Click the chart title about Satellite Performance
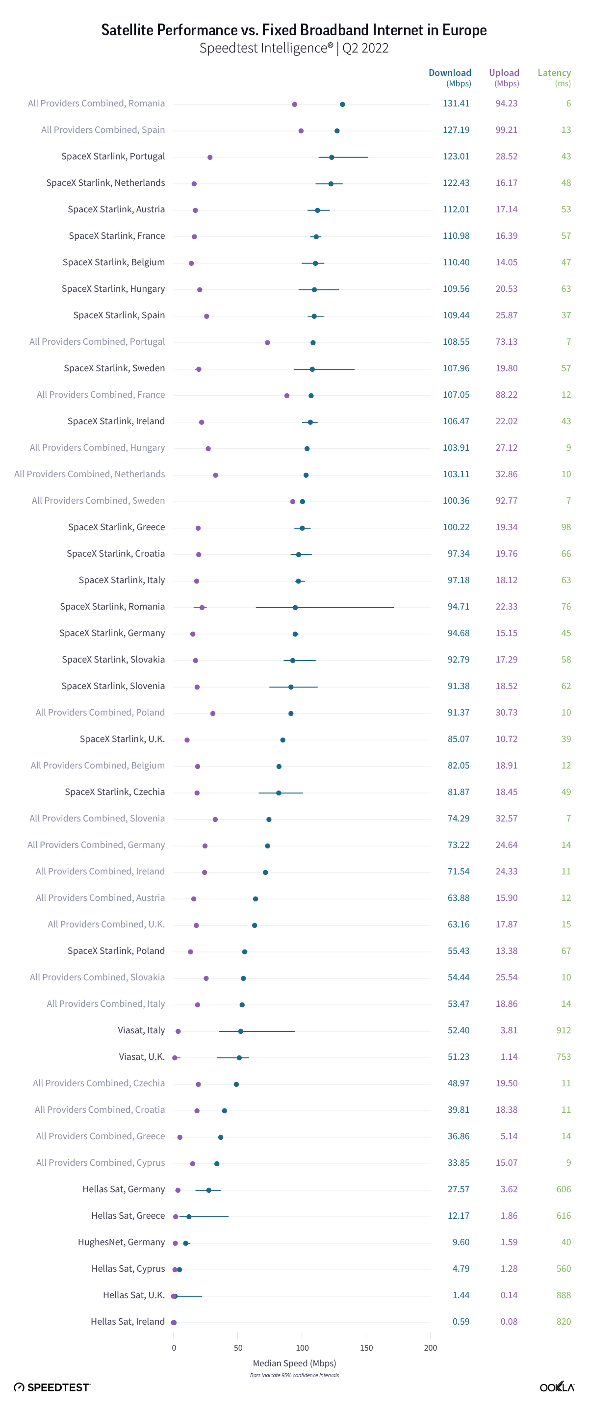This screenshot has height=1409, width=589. click(294, 29)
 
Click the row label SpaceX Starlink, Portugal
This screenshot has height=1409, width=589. click(113, 156)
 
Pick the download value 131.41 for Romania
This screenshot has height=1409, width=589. click(456, 103)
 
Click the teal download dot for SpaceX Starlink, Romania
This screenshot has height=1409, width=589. click(295, 607)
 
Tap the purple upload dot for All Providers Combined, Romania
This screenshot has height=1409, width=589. click(295, 104)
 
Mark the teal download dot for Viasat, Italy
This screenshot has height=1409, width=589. click(241, 1031)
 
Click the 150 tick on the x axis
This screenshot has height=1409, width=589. click(366, 1348)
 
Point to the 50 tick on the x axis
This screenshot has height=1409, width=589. click(238, 1348)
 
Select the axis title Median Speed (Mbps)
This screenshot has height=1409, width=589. click(294, 1363)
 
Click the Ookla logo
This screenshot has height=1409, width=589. click(557, 1387)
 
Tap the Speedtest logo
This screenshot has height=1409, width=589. click(52, 1387)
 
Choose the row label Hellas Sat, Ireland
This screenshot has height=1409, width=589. click(128, 1322)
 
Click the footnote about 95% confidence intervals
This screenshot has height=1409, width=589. click(294, 1375)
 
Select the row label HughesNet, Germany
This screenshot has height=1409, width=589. click(121, 1242)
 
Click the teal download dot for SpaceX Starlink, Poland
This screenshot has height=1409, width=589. click(244, 952)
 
